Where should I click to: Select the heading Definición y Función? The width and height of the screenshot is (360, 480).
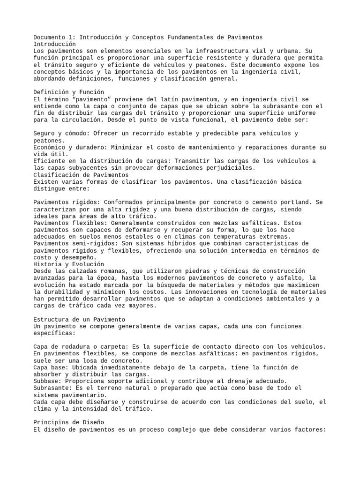click(x=68, y=92)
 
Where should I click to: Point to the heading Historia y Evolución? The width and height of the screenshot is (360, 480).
click(x=68, y=264)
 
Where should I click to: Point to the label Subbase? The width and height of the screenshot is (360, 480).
click(x=49, y=381)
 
